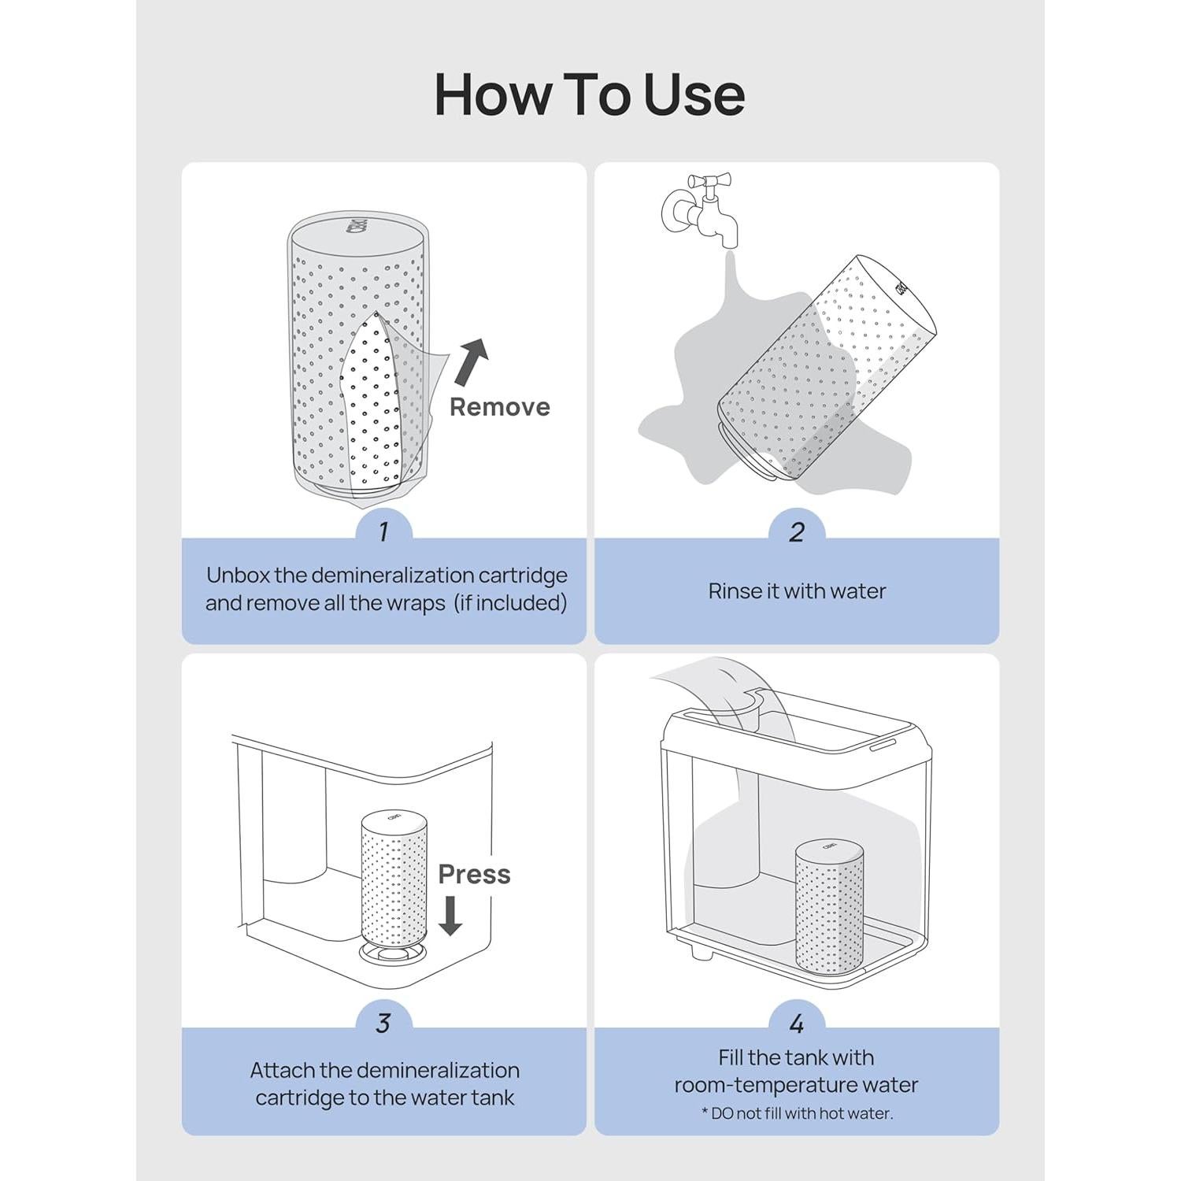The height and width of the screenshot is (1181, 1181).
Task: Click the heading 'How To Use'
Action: [x=590, y=94]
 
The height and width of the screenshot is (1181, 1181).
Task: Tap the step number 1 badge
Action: [x=383, y=532]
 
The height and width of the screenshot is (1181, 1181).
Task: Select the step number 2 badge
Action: [x=796, y=532]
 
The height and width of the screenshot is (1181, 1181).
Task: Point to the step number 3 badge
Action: [x=383, y=1023]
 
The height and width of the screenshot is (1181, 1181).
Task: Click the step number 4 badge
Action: [x=796, y=1023]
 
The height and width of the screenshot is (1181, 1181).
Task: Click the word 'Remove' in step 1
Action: [x=499, y=407]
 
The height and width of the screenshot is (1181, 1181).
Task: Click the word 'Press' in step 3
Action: [x=474, y=874]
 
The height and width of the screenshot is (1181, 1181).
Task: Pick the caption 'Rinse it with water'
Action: [x=796, y=591]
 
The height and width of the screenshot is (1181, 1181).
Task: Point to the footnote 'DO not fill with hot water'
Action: [x=797, y=1113]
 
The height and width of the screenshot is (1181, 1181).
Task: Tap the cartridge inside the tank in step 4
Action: [x=828, y=905]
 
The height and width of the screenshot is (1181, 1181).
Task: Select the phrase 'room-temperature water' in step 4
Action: [x=796, y=1085]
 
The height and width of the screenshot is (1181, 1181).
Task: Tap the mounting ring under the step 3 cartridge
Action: [x=393, y=953]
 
